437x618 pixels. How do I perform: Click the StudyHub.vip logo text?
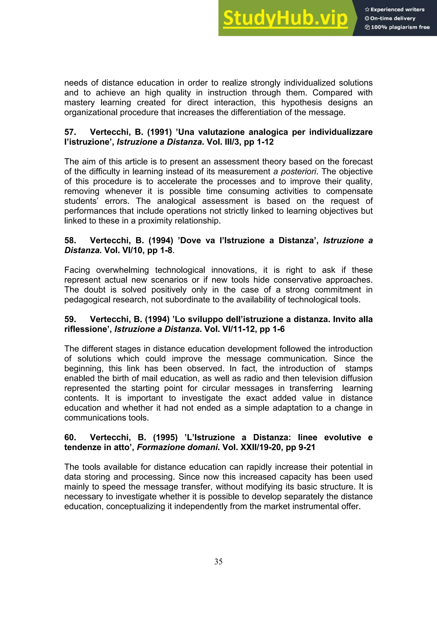[x=285, y=18]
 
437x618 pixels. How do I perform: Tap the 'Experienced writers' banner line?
[x=395, y=9]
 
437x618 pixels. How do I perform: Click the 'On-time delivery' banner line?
[x=390, y=18]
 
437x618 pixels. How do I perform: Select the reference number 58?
[x=70, y=240]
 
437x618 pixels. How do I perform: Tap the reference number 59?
[x=70, y=319]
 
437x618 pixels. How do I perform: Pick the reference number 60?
[x=70, y=437]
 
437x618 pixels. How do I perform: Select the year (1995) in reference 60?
[x=165, y=437]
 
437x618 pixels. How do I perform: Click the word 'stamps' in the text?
[x=359, y=368]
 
